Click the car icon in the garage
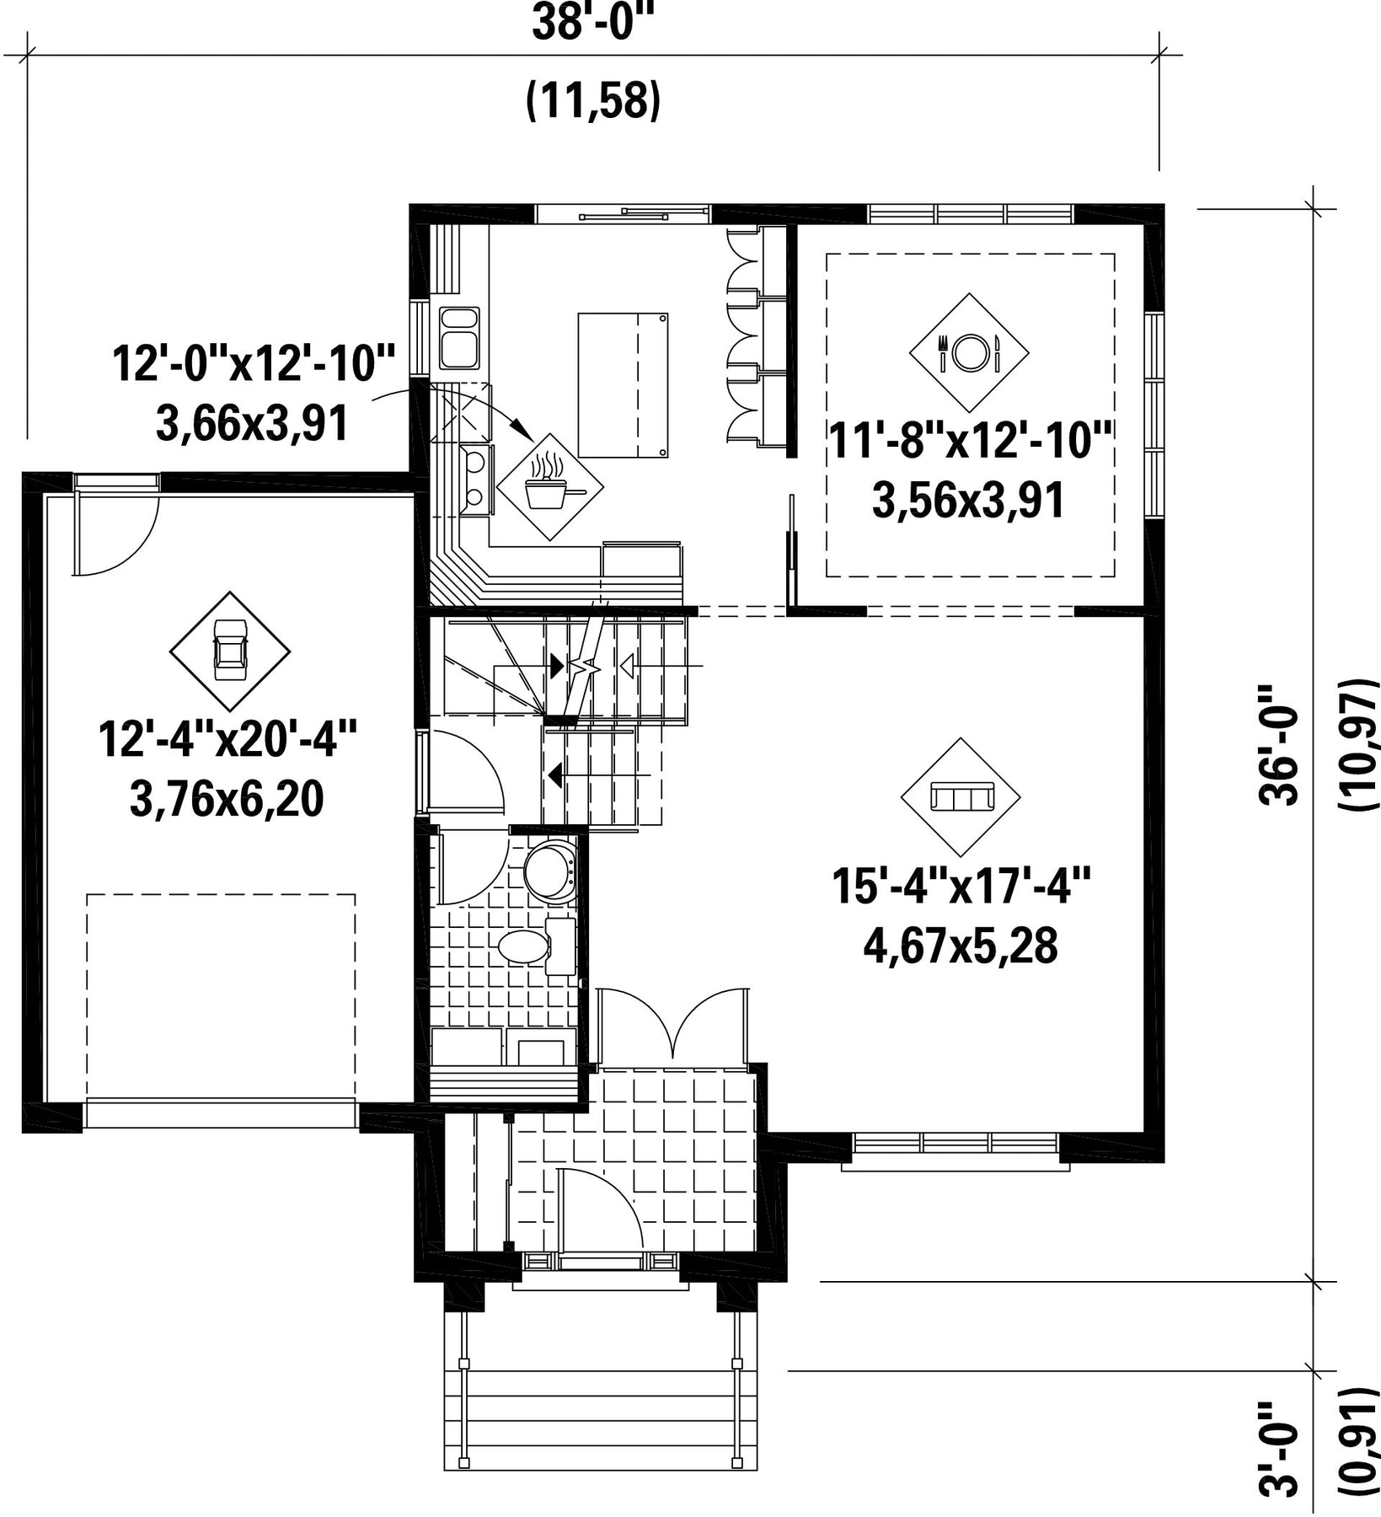230,651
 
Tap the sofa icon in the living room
961,796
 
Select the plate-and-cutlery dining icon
969,352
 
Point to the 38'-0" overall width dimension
592,23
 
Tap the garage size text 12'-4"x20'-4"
228,739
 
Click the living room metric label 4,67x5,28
961,946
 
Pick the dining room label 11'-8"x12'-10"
972,441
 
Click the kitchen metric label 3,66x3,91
252,422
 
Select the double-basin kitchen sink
459,338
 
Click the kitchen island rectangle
623,385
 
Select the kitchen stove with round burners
476,479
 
